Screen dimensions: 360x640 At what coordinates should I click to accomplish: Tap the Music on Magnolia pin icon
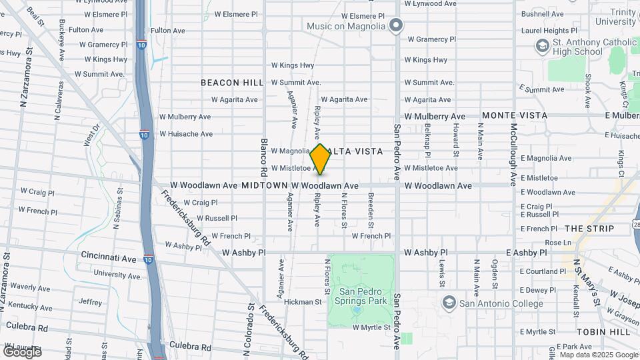396,26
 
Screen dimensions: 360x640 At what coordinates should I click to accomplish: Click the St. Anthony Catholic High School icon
542,45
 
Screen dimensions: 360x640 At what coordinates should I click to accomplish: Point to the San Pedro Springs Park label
363,297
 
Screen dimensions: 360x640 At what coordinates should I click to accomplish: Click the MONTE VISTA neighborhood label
515,115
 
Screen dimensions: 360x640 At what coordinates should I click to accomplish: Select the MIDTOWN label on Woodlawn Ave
263,185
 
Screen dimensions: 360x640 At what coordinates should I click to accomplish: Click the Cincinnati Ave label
109,257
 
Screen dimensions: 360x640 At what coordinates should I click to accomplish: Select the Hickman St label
303,302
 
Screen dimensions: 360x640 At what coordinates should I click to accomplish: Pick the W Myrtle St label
371,327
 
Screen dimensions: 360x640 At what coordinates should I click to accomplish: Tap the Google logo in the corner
21,351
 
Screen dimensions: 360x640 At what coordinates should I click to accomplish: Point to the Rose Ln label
558,243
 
